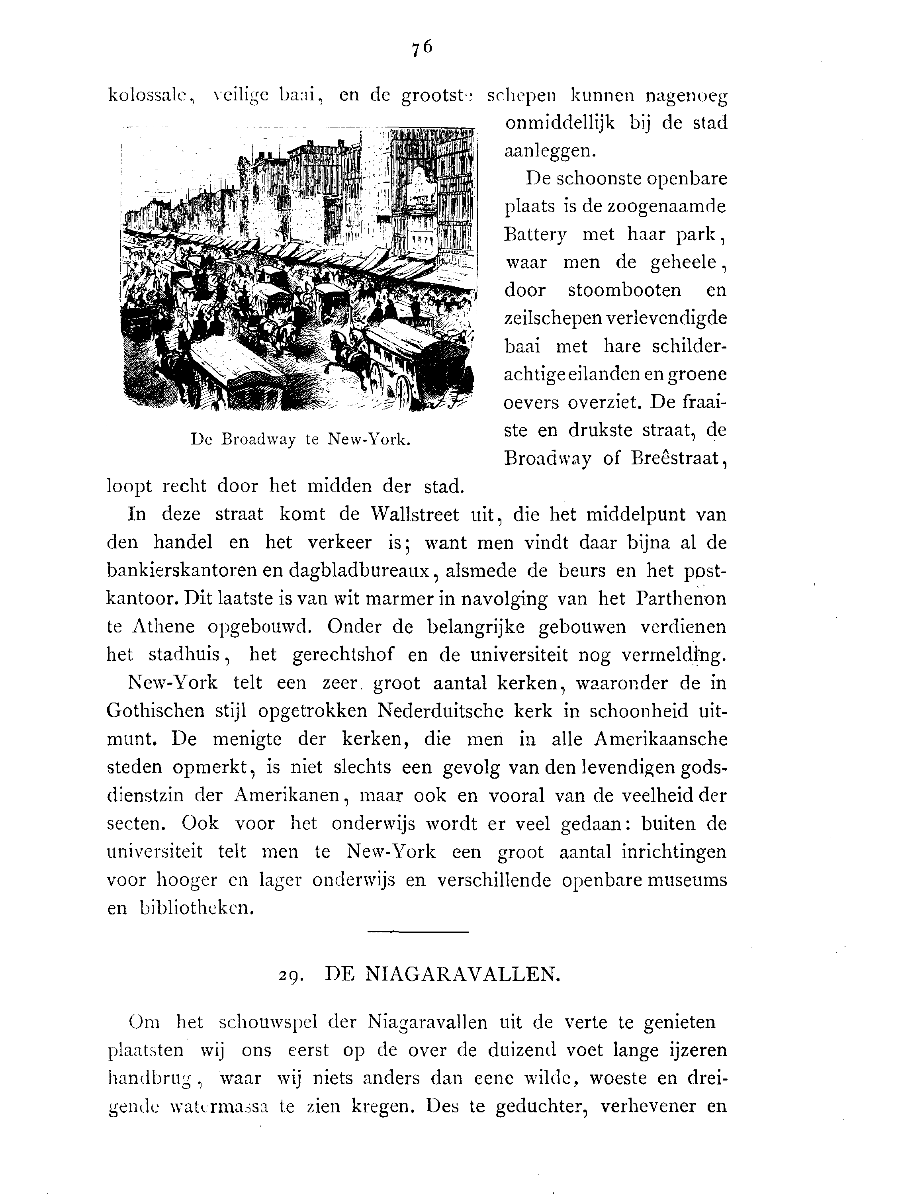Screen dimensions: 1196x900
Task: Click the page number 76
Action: click(422, 48)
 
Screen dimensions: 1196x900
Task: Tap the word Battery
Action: click(535, 235)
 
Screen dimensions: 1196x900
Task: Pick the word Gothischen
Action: click(156, 711)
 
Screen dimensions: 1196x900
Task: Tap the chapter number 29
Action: click(290, 975)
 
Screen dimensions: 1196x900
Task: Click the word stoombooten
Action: click(624, 290)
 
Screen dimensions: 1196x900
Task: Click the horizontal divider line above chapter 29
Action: click(418, 931)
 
